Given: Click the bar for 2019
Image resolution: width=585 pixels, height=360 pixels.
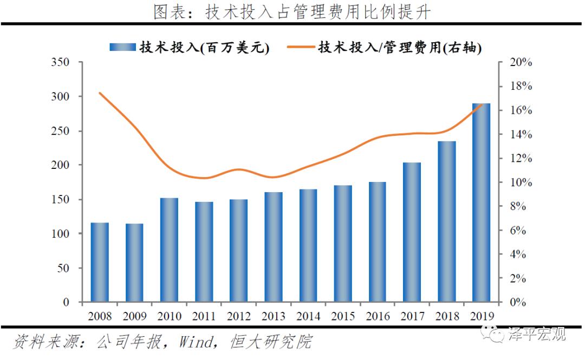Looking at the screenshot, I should tap(481, 202).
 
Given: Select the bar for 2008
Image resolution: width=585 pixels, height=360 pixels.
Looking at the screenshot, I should tap(100, 262).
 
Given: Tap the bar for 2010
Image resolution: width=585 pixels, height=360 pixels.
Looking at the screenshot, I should tap(169, 250).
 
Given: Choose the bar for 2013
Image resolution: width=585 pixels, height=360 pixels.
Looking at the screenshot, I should tap(273, 247).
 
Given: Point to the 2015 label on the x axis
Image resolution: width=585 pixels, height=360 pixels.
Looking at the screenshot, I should tap(342, 316).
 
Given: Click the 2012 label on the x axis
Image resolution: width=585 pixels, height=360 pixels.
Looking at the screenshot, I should tap(238, 316).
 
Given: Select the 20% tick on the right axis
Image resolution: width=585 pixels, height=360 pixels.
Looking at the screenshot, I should tap(521, 62).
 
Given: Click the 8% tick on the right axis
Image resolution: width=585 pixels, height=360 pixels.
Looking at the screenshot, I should tap(521, 206).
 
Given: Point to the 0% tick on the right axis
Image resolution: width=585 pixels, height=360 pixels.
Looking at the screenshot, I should tap(521, 302).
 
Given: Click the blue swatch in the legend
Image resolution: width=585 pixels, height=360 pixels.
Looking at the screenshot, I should tap(122, 47).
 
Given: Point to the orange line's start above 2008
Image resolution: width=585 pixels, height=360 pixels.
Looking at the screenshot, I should tap(100, 93).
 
